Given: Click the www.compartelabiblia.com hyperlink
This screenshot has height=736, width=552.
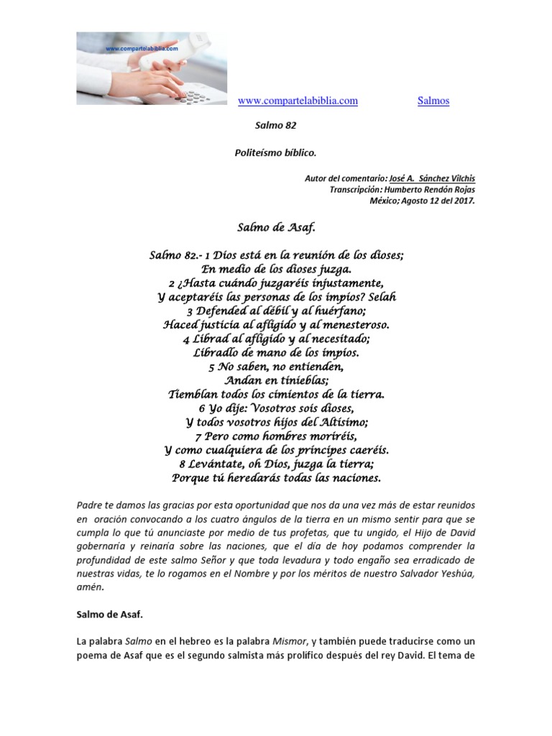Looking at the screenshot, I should [x=298, y=101].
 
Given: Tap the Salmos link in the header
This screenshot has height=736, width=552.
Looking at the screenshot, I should [x=433, y=101].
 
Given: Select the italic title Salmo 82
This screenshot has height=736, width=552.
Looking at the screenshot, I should [x=276, y=125].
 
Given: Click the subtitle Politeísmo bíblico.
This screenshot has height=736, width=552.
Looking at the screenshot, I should [x=276, y=153].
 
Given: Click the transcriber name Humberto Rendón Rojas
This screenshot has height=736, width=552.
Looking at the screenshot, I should [x=432, y=190].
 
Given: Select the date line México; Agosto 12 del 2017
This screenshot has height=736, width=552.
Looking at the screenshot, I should [x=422, y=201].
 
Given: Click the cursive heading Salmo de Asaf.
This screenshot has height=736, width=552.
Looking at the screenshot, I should [x=276, y=228].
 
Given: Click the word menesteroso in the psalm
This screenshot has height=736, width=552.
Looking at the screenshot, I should [x=351, y=324].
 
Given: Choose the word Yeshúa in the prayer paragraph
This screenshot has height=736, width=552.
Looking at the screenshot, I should [x=458, y=574].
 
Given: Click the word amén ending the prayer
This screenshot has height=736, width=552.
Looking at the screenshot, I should [x=90, y=587].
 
